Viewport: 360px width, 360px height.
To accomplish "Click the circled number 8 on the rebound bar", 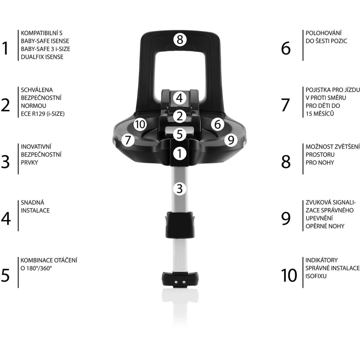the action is click(x=180, y=39).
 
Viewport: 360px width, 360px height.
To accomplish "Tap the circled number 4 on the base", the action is click(x=180, y=98).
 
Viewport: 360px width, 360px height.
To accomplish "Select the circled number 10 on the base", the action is click(x=140, y=124).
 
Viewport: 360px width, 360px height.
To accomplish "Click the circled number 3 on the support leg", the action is click(x=180, y=189).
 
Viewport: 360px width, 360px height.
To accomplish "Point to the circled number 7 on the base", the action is click(x=128, y=140).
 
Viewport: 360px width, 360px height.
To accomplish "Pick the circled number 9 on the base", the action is click(x=231, y=140).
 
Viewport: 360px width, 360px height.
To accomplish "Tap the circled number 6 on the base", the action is click(x=217, y=124).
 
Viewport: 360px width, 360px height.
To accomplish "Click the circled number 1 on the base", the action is click(x=180, y=153).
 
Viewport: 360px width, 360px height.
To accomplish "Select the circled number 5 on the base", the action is click(x=180, y=134).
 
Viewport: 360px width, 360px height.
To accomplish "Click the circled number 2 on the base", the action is click(x=180, y=116).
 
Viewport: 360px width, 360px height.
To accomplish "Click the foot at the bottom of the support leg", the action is click(x=180, y=279).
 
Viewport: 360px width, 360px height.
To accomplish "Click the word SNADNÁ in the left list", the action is click(x=32, y=202).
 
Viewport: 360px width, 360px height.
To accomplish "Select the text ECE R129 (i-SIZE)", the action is click(x=43, y=114).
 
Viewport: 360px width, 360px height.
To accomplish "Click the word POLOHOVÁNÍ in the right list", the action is click(x=324, y=33).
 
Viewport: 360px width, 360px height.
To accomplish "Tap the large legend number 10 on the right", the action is click(x=289, y=275).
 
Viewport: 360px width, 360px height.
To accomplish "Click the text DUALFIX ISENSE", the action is click(x=42, y=57).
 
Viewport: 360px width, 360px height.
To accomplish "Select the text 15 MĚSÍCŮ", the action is click(x=320, y=113).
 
